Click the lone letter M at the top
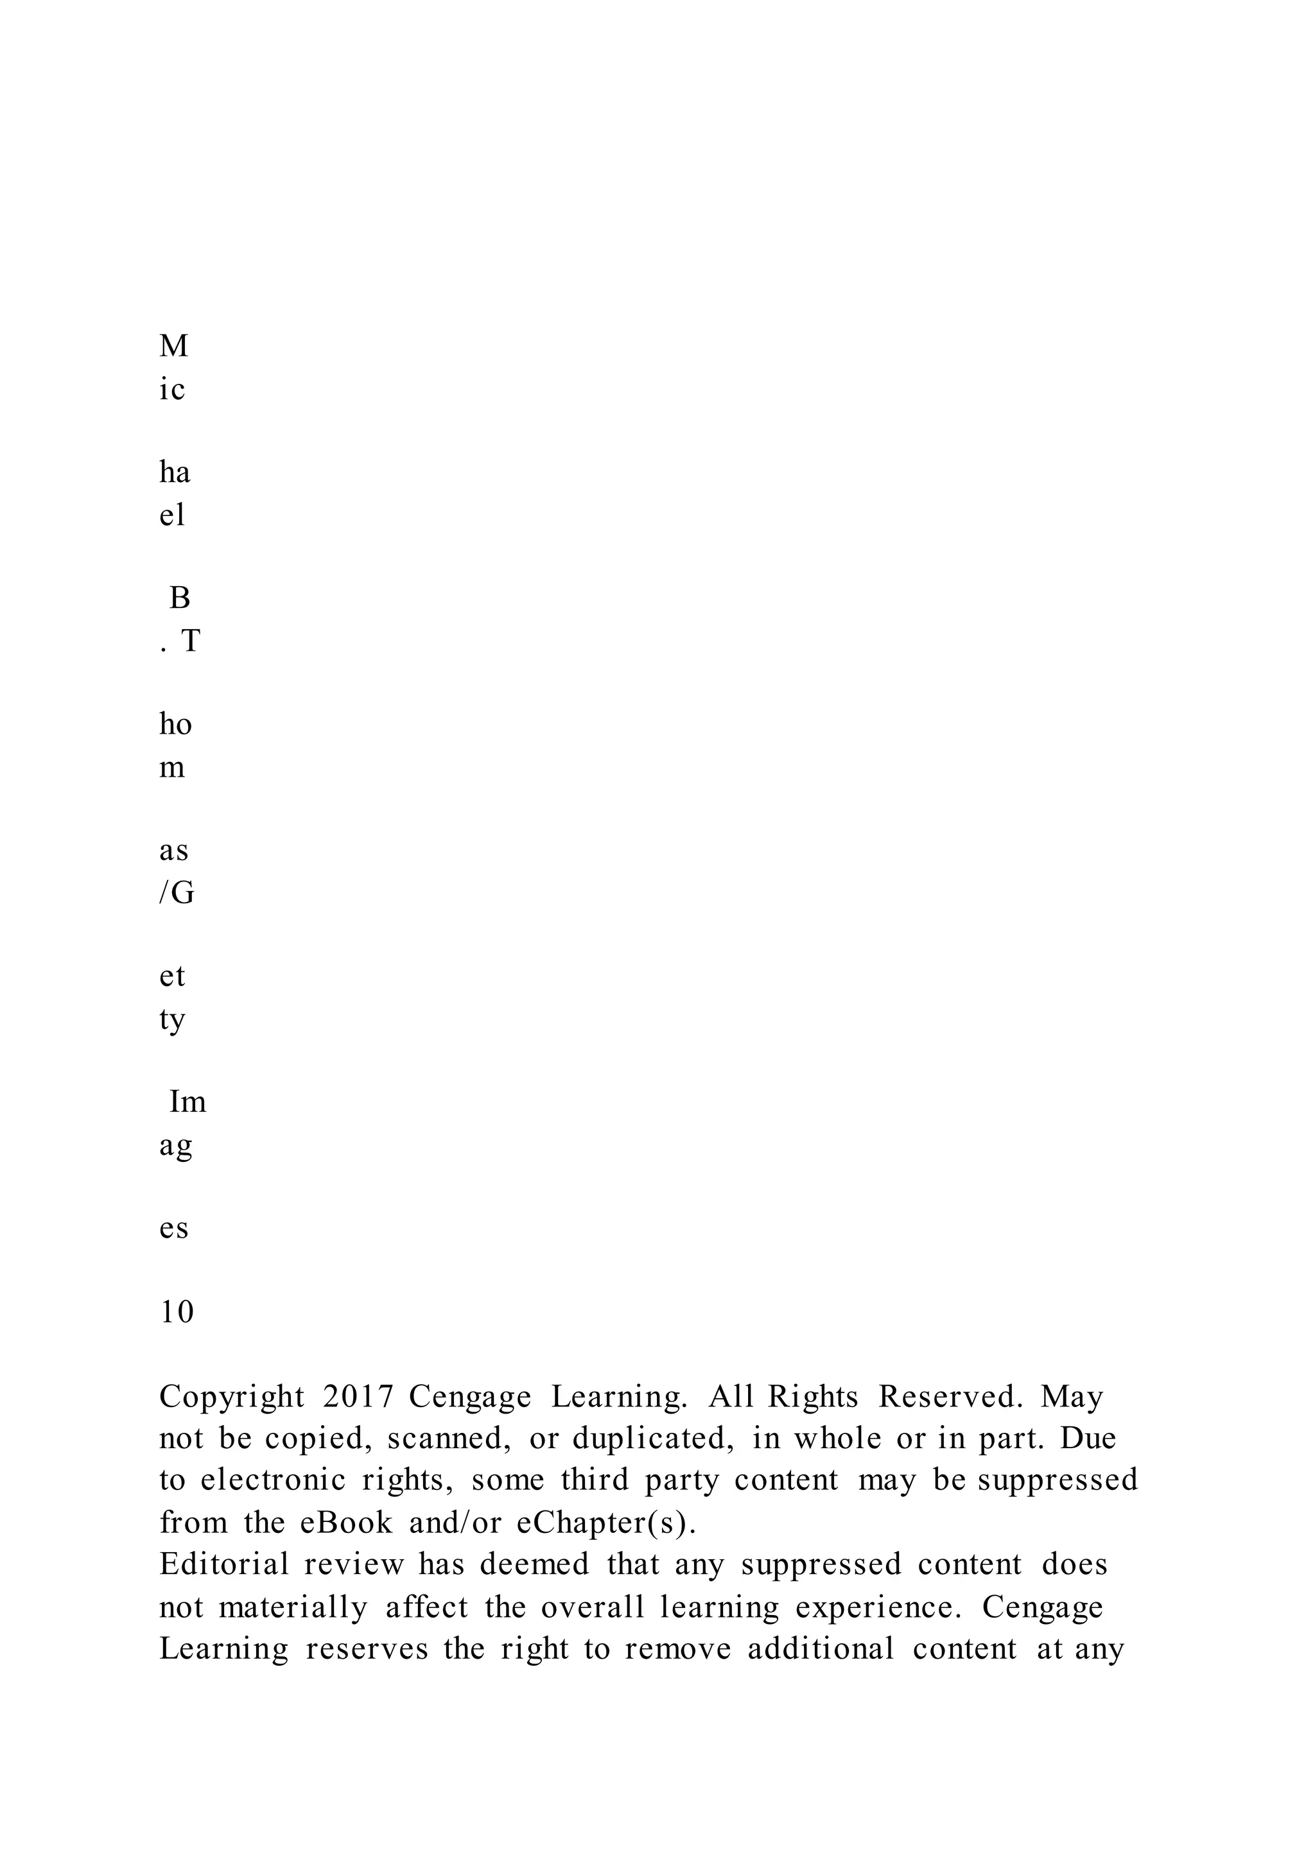174,347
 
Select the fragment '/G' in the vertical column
177,893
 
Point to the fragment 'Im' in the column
188,1103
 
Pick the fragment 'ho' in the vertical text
175,725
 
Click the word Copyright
232,1397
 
